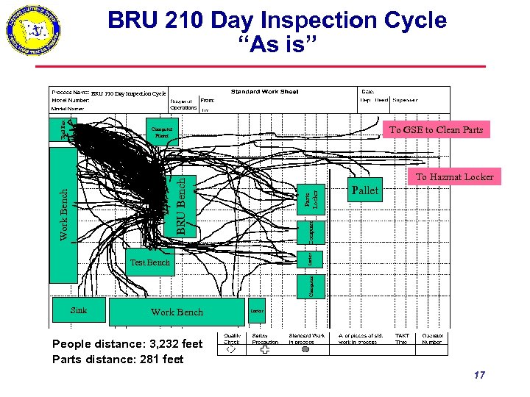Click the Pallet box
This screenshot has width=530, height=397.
[366, 191]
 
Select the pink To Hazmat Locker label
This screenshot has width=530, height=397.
[454, 176]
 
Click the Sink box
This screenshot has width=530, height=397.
[79, 310]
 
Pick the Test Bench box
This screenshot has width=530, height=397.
[149, 262]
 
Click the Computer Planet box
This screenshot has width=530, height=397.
[161, 132]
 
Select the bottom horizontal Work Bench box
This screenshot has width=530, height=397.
[177, 312]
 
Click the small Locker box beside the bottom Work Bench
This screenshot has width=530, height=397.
[257, 311]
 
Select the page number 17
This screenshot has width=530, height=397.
[479, 375]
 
